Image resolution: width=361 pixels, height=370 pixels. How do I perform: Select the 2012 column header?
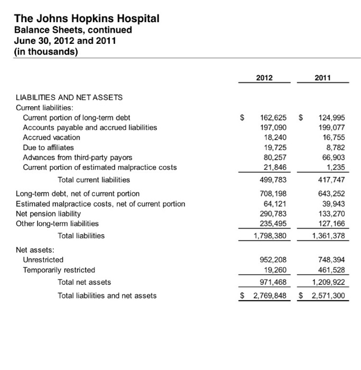(x=264, y=78)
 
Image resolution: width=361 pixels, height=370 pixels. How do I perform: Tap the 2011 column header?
(x=322, y=78)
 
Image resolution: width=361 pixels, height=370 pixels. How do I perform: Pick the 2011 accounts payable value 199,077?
(x=331, y=127)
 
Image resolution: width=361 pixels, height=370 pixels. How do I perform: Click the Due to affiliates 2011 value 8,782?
(x=335, y=147)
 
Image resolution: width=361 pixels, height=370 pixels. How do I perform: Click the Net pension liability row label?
(x=49, y=214)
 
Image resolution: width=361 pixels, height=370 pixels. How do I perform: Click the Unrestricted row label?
(x=43, y=260)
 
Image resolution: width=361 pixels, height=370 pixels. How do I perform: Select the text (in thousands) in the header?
(x=47, y=51)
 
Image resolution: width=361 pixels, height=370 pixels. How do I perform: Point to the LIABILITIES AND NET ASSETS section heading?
(x=69, y=97)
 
